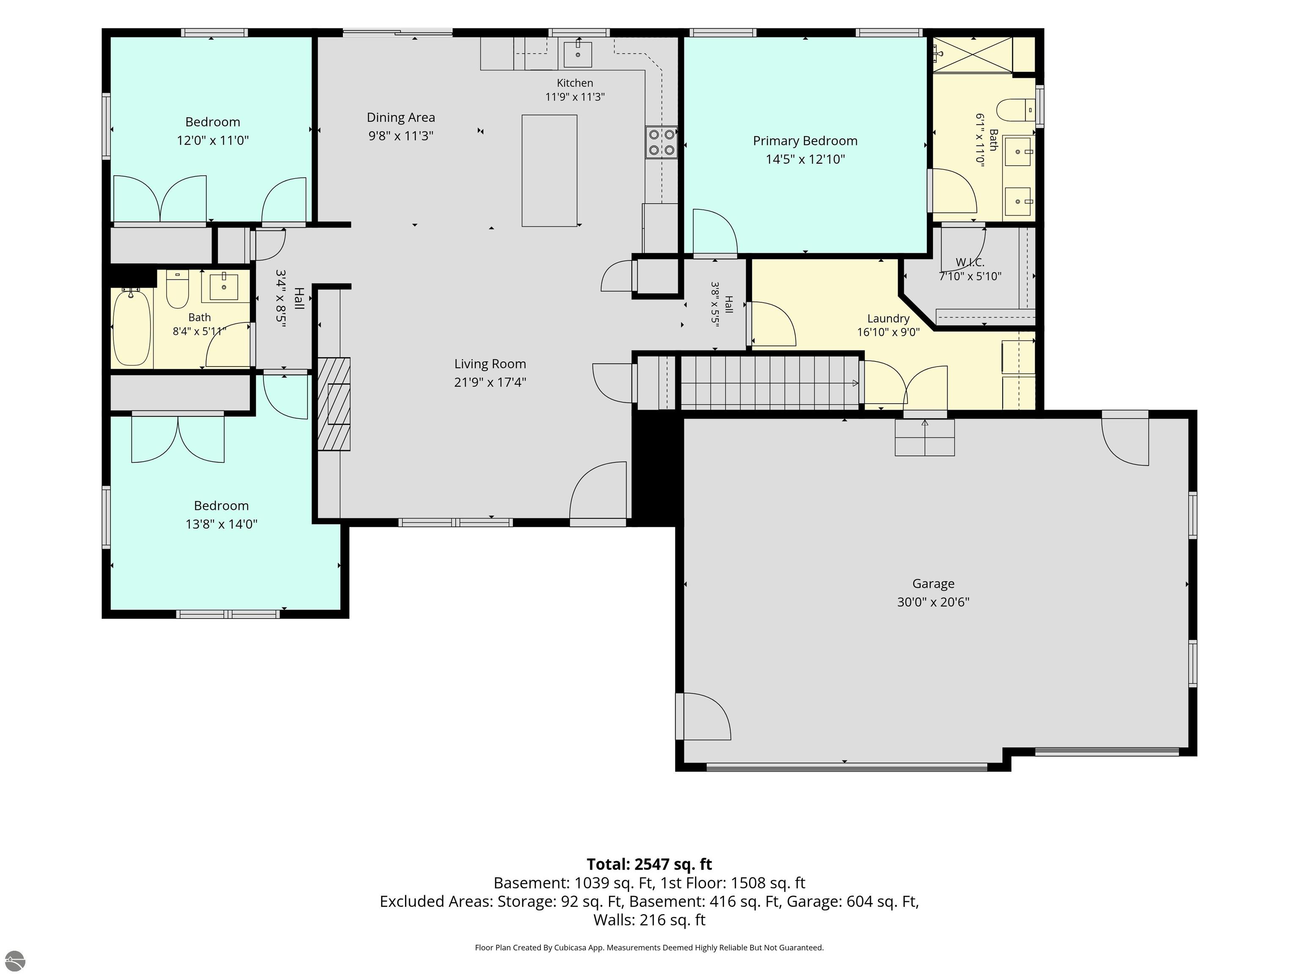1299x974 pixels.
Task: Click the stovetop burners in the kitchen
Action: (x=661, y=142)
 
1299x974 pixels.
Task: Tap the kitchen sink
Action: (x=578, y=54)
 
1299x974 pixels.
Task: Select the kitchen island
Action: (x=549, y=170)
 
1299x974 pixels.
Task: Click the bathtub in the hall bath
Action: (x=132, y=328)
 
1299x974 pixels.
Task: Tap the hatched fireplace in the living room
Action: (x=334, y=404)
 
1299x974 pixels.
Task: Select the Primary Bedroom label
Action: (x=805, y=141)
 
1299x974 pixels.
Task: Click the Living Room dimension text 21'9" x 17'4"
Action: (x=490, y=382)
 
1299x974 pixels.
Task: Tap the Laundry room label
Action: (x=888, y=318)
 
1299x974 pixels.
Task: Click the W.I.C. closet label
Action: (x=970, y=263)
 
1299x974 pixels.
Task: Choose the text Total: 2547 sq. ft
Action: (x=649, y=864)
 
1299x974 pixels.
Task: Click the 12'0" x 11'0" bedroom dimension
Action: (x=213, y=140)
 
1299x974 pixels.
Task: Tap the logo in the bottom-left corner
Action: (x=14, y=960)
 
